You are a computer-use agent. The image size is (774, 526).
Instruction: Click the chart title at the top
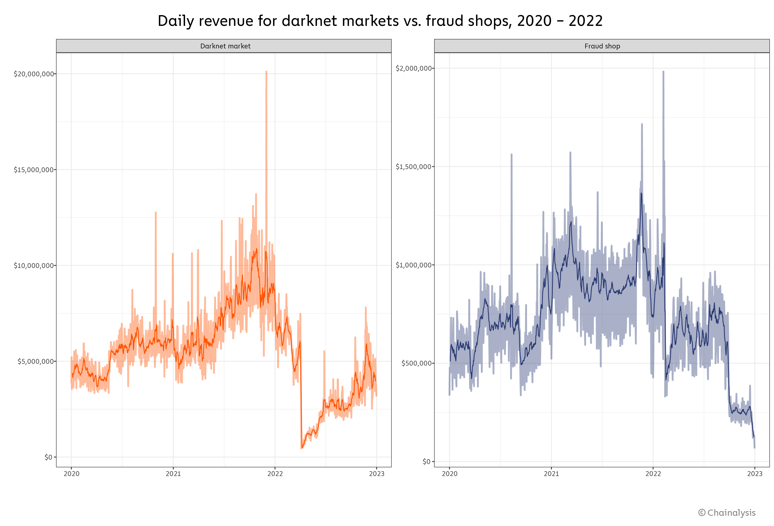[x=380, y=21]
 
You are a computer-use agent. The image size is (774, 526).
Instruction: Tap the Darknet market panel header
[x=225, y=46]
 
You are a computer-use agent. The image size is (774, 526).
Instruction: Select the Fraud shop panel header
[x=602, y=46]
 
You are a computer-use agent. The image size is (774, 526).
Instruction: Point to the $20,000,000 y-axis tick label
[x=34, y=74]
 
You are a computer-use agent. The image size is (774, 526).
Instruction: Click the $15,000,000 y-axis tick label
[x=34, y=170]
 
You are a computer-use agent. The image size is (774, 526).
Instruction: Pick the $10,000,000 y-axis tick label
[x=34, y=265]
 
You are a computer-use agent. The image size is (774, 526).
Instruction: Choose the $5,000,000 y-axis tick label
[x=36, y=361]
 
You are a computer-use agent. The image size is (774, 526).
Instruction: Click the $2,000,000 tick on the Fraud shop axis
[x=413, y=68]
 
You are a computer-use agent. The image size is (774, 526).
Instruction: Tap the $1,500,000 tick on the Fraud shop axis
[x=413, y=167]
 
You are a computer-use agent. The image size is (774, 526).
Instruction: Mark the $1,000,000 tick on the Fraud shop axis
[x=413, y=265]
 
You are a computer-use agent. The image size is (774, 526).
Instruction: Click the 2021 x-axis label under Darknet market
[x=173, y=474]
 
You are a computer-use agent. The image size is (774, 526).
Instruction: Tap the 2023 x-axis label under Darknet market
[x=377, y=474]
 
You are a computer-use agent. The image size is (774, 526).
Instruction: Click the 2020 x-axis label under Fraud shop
[x=450, y=474]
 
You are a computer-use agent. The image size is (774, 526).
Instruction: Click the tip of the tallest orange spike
[x=266, y=72]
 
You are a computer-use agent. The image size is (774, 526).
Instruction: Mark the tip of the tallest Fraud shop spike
[x=663, y=72]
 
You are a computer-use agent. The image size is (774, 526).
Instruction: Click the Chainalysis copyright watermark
[x=727, y=513]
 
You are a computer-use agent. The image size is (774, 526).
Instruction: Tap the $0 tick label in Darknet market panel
[x=49, y=457]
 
